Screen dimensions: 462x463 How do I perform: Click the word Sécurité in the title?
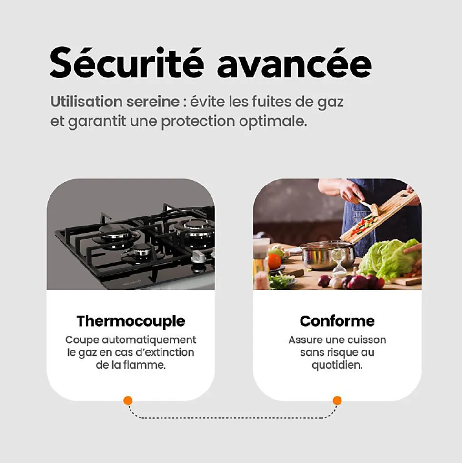click(x=127, y=63)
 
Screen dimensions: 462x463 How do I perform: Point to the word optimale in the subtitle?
click(x=272, y=122)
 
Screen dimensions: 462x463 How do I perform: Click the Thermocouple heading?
click(x=131, y=322)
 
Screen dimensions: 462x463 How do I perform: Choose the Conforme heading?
click(x=337, y=321)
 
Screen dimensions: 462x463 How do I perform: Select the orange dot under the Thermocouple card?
click(x=128, y=401)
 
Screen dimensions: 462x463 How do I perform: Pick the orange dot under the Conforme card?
click(x=337, y=401)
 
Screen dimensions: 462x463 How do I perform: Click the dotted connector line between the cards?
click(x=232, y=418)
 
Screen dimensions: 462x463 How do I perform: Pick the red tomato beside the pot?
click(x=275, y=261)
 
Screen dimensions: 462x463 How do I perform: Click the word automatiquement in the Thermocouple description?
click(x=149, y=340)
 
